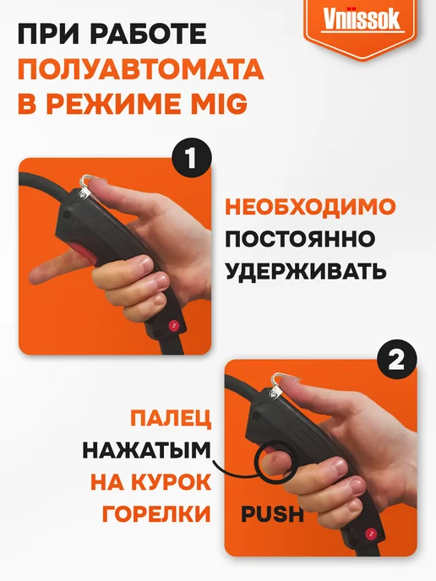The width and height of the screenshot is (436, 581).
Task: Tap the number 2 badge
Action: point(396,360)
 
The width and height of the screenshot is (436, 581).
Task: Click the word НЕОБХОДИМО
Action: point(310,206)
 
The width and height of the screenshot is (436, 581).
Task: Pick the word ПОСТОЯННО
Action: point(300,239)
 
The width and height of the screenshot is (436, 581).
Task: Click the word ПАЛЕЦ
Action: point(171,419)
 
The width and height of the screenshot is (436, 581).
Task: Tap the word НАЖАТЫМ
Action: point(146,451)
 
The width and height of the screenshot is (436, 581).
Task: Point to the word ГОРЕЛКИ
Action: point(156,514)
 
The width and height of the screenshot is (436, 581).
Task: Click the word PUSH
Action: point(272,514)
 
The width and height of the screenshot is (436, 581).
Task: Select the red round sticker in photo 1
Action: point(173,325)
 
